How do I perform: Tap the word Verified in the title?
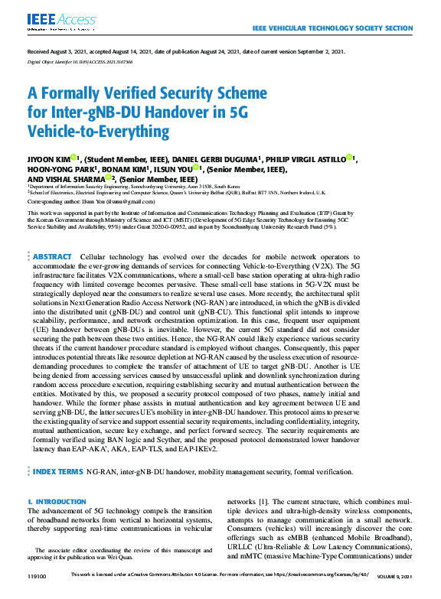point(126,96)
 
